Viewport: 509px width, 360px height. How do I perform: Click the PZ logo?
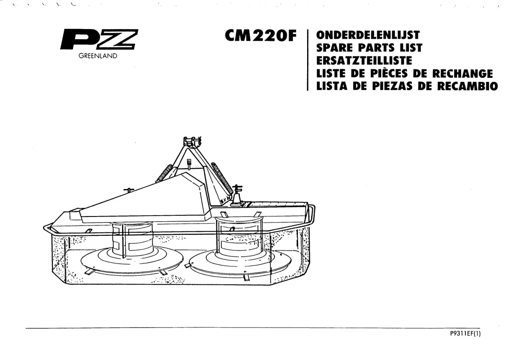click(x=99, y=39)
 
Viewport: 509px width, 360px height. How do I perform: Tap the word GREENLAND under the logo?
click(x=98, y=56)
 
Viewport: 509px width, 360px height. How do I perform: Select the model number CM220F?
click(x=261, y=36)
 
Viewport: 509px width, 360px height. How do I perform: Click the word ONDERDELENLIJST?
click(x=368, y=35)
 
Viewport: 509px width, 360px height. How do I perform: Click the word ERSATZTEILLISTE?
click(x=364, y=60)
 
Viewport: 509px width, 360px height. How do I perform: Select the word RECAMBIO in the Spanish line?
click(x=467, y=86)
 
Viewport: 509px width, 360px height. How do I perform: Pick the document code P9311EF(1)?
click(x=465, y=334)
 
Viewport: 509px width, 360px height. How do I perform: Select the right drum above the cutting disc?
click(x=239, y=237)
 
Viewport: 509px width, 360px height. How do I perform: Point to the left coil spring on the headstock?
click(x=164, y=173)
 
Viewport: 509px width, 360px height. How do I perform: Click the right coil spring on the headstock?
click(x=221, y=179)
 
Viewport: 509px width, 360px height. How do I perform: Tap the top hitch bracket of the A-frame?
click(x=192, y=142)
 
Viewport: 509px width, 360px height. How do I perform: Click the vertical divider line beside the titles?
click(x=307, y=60)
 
